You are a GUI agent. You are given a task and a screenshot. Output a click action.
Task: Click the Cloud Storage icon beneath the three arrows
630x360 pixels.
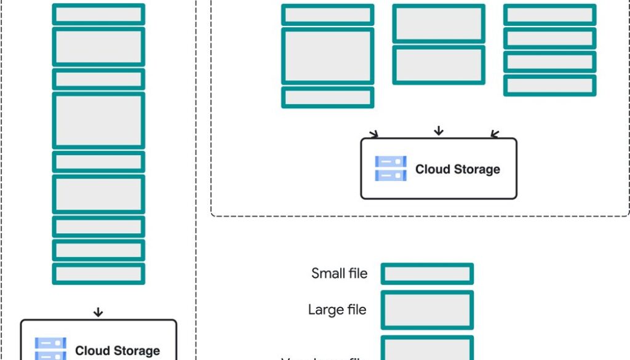tap(391, 169)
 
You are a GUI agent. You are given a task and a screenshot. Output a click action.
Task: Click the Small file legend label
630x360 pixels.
tap(339, 273)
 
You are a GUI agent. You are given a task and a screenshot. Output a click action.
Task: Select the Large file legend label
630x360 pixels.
tap(337, 310)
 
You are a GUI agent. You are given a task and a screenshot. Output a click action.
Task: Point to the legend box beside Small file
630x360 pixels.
tap(427, 274)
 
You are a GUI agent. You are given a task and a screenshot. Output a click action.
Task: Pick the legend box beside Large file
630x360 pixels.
tap(427, 310)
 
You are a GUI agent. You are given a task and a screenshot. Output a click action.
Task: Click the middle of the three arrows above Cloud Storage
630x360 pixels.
tap(438, 130)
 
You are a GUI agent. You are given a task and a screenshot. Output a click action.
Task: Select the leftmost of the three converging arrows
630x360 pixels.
tap(373, 134)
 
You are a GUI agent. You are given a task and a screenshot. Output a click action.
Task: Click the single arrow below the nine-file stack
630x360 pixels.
tap(98, 312)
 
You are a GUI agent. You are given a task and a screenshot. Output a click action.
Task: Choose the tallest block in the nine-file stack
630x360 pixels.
tap(98, 121)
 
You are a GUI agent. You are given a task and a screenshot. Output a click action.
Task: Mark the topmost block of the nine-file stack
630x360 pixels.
tap(98, 14)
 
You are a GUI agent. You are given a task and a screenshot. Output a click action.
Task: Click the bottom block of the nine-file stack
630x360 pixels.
tap(98, 274)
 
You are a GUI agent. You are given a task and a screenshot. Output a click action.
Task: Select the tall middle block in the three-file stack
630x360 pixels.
tap(328, 56)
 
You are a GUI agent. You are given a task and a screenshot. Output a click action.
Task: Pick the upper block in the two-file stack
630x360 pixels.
tap(439, 24)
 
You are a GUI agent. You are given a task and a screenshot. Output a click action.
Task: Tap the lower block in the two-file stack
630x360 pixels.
tap(439, 65)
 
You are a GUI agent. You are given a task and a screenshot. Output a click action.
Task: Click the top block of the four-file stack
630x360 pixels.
tap(549, 15)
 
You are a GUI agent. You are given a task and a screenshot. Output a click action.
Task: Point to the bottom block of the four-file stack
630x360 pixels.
tap(549, 86)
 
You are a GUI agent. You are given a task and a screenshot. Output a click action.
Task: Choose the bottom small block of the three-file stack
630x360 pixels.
tap(328, 97)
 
